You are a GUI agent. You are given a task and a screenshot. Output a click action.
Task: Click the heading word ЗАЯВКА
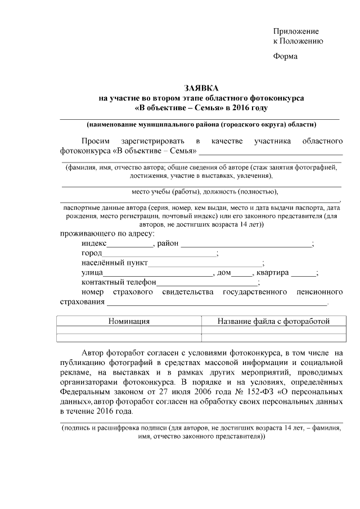(201, 88)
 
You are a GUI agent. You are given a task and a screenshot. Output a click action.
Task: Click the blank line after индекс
(130, 245)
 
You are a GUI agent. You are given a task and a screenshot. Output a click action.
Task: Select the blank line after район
(245, 245)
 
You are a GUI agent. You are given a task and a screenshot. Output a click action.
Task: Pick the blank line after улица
(157, 273)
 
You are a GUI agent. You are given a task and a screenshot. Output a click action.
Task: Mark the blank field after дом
(242, 273)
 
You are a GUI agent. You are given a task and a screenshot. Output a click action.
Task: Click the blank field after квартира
(303, 273)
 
